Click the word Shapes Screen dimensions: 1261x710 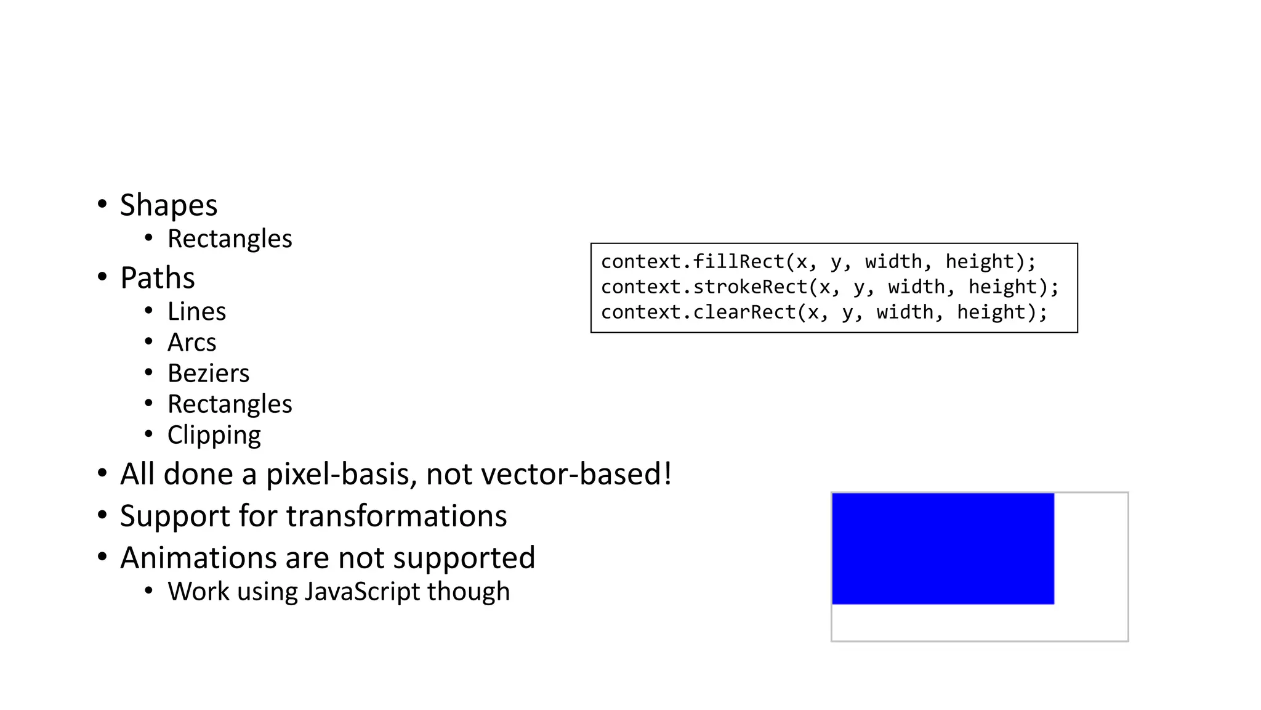[x=168, y=205]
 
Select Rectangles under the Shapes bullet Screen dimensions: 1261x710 [x=230, y=239]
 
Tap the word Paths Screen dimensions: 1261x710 [x=158, y=278]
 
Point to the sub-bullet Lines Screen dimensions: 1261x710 [x=196, y=312]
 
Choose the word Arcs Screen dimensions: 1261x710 [x=191, y=343]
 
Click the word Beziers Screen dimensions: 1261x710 [x=208, y=373]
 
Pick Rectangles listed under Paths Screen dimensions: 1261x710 [x=230, y=404]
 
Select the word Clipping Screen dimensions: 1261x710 [x=214, y=436]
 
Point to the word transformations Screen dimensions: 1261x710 [x=397, y=516]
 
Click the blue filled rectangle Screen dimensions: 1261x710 [x=943, y=549]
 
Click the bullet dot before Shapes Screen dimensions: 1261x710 [x=102, y=204]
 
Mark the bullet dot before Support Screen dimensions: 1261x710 [x=102, y=515]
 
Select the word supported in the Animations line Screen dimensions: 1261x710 [x=464, y=558]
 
